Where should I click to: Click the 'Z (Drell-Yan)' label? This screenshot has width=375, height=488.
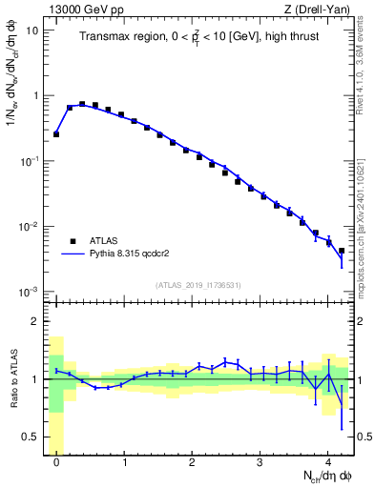coord(320,9)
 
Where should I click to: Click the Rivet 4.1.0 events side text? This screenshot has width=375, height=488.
coord(367,57)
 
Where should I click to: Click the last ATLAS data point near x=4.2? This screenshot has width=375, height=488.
coord(341,251)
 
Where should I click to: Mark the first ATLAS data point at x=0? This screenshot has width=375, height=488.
coord(56,134)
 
